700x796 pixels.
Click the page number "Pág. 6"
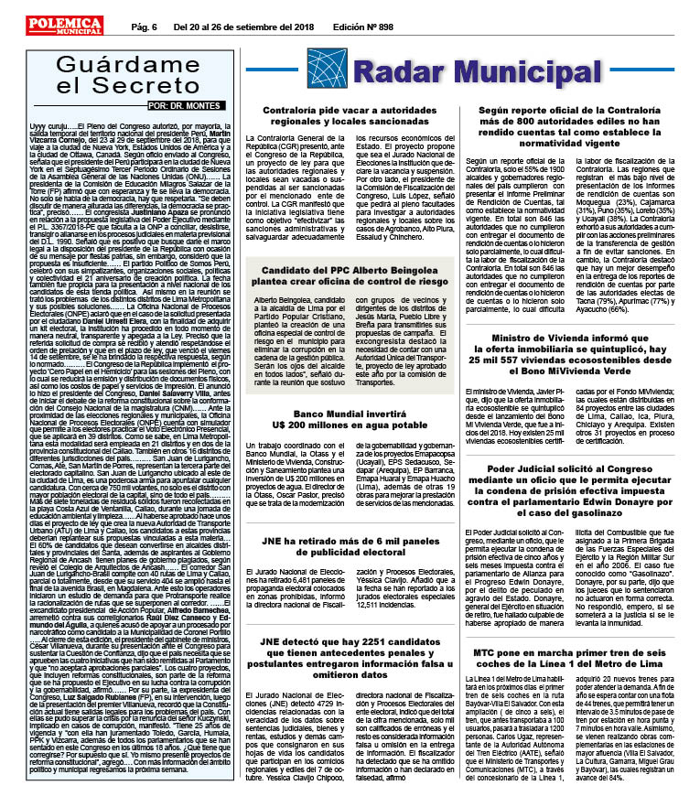tap(147, 27)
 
